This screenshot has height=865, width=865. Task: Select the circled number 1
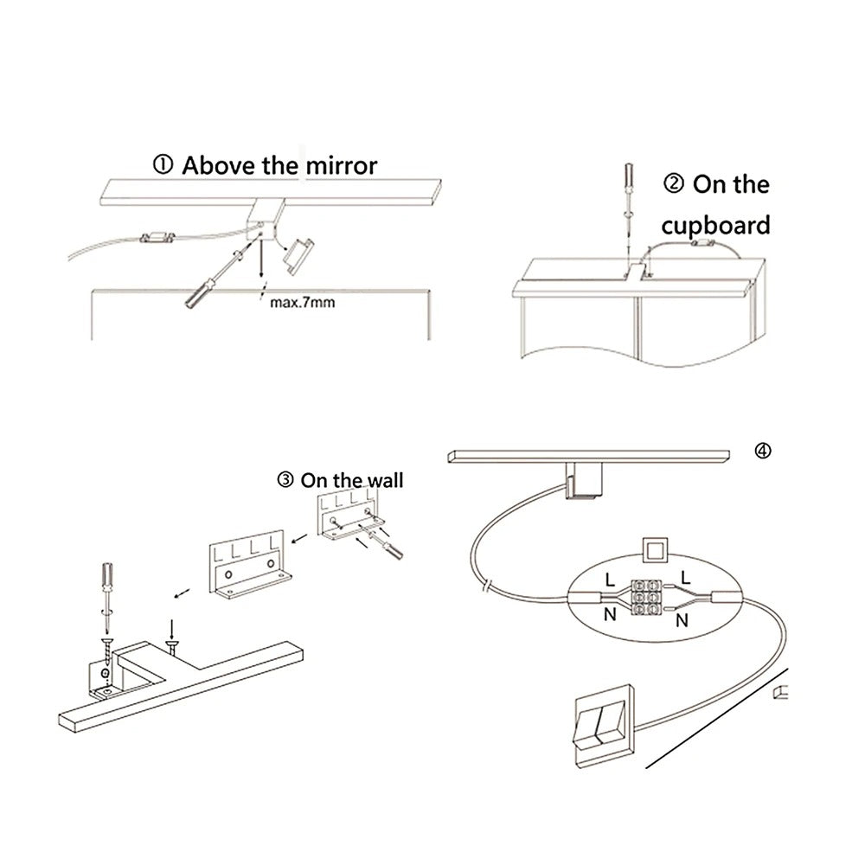tap(163, 165)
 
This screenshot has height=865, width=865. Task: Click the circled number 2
tap(675, 184)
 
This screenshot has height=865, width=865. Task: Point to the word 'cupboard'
tap(714, 226)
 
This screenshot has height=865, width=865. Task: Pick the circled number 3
tap(285, 480)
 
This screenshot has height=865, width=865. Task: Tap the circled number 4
tap(761, 450)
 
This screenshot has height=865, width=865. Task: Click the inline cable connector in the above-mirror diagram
tap(157, 239)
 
